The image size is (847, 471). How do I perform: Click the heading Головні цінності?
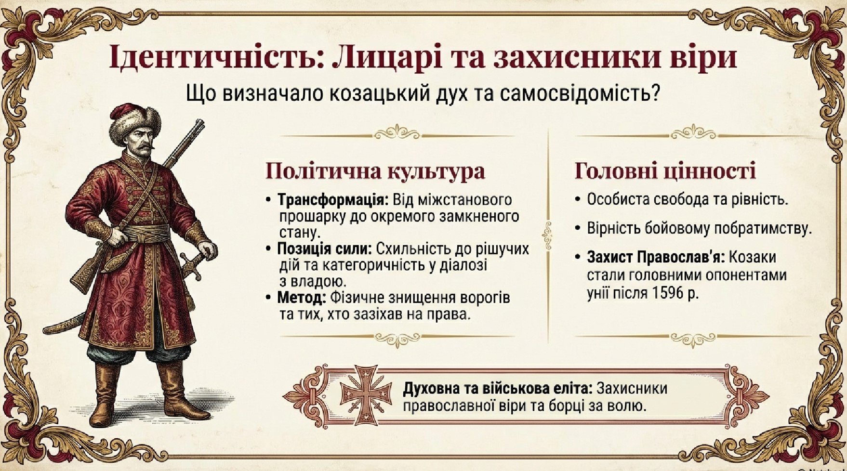coord(665,171)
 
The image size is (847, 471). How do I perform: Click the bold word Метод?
coord(302,298)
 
